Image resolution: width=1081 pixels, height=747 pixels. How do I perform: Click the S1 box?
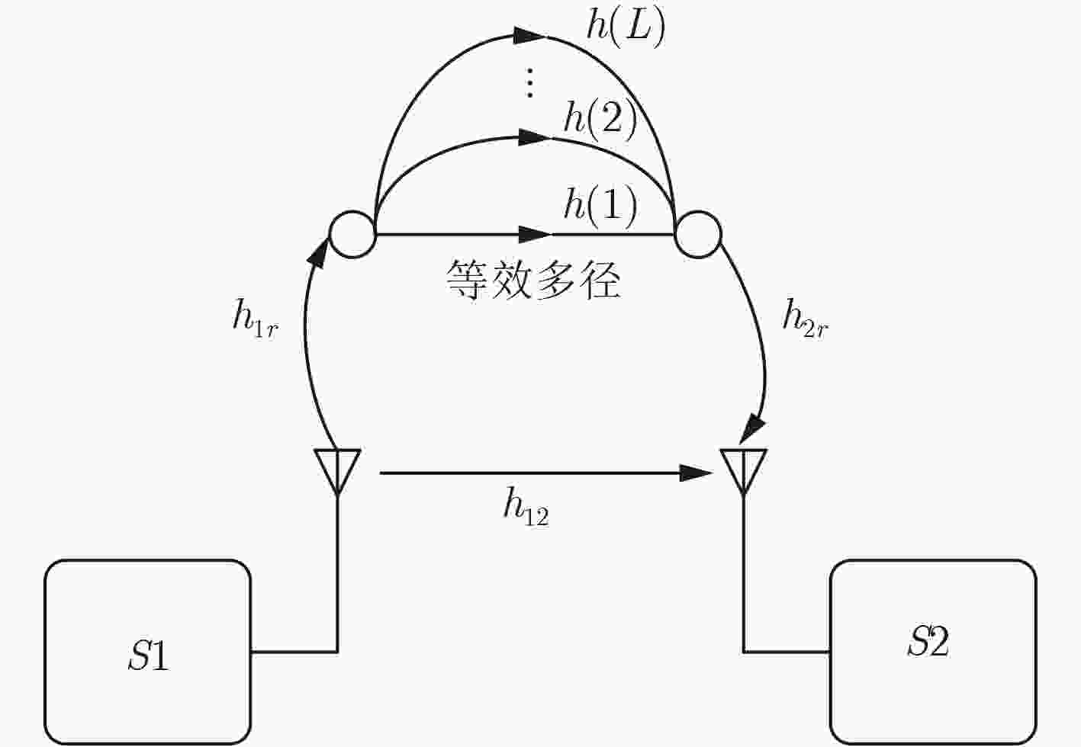148,652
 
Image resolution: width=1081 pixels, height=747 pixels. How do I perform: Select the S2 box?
933,652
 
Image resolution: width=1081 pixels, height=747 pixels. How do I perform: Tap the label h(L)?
626,28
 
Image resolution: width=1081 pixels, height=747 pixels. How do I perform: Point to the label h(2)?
600,120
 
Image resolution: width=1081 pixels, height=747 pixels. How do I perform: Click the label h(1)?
600,207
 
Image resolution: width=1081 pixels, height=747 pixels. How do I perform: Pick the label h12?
526,507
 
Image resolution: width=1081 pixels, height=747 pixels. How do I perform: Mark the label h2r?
805,319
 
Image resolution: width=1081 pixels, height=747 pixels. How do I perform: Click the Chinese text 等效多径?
532,280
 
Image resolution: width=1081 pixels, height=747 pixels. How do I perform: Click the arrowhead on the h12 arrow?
696,473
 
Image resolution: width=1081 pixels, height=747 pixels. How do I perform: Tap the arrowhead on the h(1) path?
536,234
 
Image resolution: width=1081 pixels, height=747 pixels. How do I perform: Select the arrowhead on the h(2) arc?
535,137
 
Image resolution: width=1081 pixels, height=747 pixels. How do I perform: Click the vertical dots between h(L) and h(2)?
530,83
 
